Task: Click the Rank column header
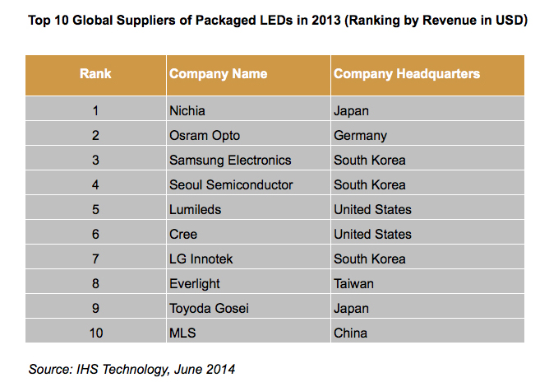tap(95, 74)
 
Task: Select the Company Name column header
tap(218, 74)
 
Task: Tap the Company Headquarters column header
tap(407, 74)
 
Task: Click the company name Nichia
tap(188, 110)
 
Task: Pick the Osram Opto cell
tap(204, 135)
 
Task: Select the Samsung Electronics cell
tap(230, 160)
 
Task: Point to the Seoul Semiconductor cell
tap(231, 184)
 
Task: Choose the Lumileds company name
tap(195, 209)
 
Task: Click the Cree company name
tap(183, 234)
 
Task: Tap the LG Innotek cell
tap(201, 259)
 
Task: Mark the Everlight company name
tap(196, 283)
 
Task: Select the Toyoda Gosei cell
tap(209, 308)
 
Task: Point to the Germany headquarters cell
tap(360, 135)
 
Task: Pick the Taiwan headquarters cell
tap(353, 283)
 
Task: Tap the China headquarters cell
tap(350, 333)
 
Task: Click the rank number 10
tap(95, 333)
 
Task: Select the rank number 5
tap(95, 209)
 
